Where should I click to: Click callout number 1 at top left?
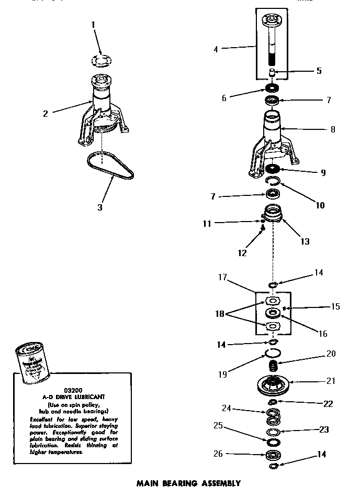click(94, 25)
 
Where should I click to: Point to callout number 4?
click(216, 49)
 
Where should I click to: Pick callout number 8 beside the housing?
click(333, 129)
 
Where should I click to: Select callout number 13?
click(305, 241)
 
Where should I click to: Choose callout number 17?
click(223, 278)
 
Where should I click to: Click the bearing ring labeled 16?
click(272, 313)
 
